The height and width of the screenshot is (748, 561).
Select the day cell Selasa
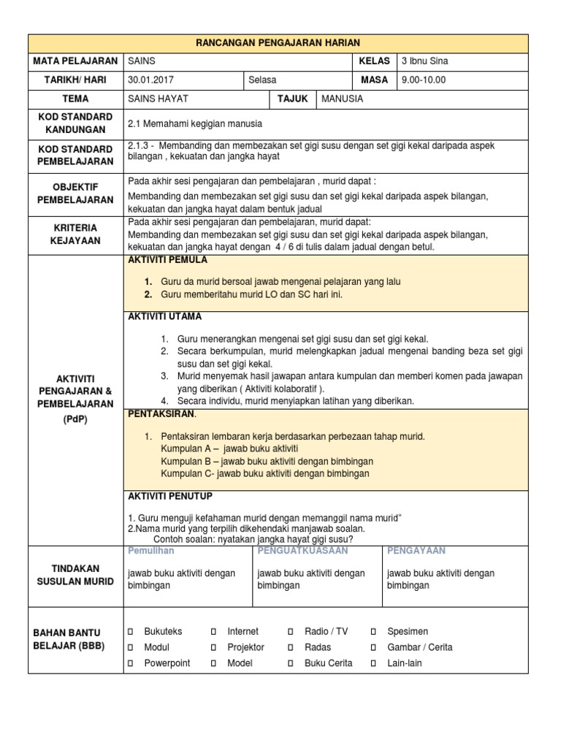(x=262, y=80)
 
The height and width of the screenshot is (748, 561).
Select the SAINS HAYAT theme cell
(x=157, y=99)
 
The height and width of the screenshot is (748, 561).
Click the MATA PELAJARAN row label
(x=75, y=61)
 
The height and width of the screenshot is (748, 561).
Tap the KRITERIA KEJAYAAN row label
(x=75, y=234)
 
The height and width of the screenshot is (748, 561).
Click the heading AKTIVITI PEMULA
(x=167, y=260)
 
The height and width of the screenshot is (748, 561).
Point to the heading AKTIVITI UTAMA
(x=165, y=317)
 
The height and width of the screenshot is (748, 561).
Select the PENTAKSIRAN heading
(x=161, y=414)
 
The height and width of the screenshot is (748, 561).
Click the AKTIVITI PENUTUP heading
(x=170, y=496)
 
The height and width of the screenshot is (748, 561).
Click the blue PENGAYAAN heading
(x=416, y=550)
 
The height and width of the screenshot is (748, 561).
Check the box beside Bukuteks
(x=131, y=631)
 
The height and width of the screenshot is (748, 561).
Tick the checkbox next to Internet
(x=214, y=631)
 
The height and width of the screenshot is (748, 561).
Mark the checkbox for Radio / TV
(x=291, y=631)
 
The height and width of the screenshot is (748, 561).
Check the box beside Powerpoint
(x=131, y=663)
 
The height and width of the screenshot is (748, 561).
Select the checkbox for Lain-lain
(x=373, y=663)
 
